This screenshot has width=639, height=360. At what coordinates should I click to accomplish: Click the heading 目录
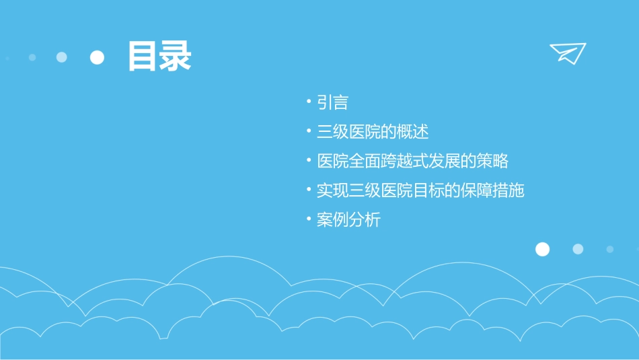coord(159,57)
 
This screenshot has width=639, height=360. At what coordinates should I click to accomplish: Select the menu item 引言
coord(332,102)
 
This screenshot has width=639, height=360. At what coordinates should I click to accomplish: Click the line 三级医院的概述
coord(373,132)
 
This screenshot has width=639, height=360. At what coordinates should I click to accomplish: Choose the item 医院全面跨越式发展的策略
coord(412,161)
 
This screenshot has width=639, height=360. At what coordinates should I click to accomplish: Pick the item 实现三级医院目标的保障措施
coord(420,190)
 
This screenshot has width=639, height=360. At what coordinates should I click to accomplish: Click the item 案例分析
coord(348,220)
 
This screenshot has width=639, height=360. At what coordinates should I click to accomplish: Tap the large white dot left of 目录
coord(98,57)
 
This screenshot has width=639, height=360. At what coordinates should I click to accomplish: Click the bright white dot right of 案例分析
coord(542,250)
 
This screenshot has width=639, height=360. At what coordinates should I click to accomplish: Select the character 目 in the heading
coord(143,57)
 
